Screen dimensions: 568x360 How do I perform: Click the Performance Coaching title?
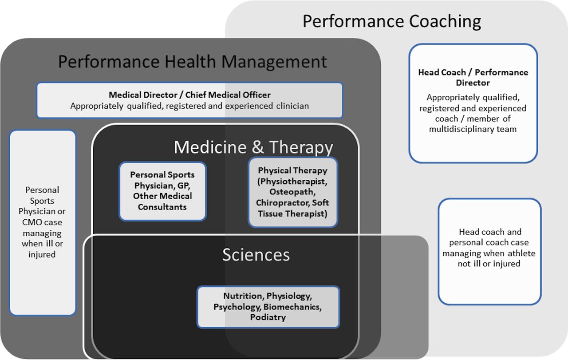392,21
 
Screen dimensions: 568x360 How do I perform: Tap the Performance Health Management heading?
193,62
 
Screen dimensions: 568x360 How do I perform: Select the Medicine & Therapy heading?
253,147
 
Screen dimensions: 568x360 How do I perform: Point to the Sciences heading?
256,254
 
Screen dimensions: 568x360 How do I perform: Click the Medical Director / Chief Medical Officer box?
189,100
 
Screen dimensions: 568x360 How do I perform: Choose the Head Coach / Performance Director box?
473,103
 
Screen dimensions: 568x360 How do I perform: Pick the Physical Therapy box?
293,192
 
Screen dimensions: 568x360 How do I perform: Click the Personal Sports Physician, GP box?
162,191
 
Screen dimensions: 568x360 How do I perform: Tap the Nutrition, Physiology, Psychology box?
268,307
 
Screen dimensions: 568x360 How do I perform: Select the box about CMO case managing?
43,222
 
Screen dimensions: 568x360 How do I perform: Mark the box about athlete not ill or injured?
489,251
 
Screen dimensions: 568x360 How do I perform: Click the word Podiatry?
268,317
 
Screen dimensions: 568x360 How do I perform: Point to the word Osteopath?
292,192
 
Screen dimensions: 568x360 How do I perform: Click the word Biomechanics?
292,307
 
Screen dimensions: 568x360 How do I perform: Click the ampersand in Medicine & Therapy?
258,147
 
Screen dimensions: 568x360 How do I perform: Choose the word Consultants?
162,207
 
